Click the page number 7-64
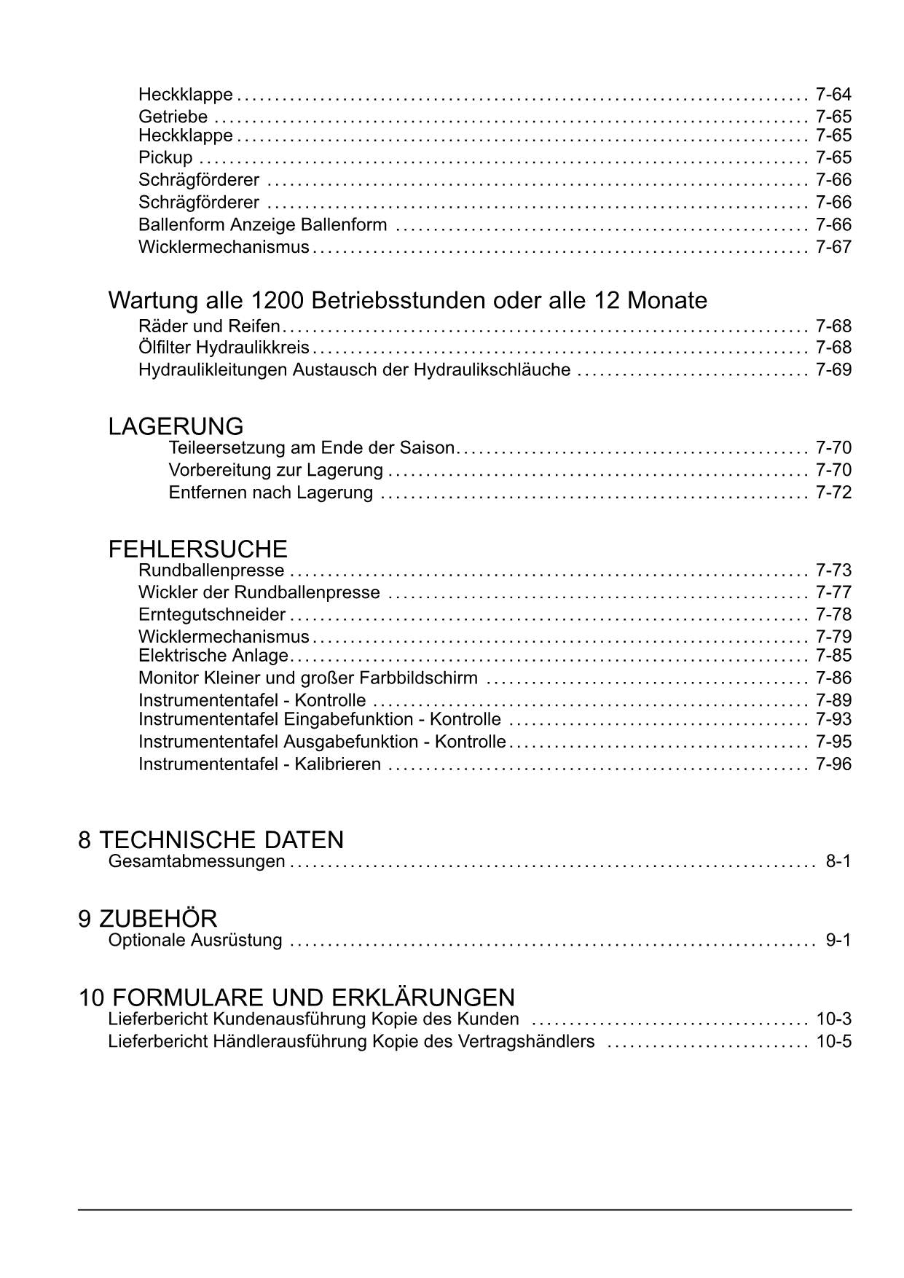coord(833,95)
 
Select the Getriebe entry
coord(173,117)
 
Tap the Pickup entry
coord(165,157)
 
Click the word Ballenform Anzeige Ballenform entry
coord(262,224)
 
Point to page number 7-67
coord(833,247)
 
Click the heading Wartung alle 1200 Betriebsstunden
coord(407,300)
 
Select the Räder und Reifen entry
coord(209,326)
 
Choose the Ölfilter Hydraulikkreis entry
coord(224,348)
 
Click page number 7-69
coord(833,369)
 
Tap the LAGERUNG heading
coord(176,426)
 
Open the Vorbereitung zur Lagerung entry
coord(275,470)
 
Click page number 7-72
coord(833,493)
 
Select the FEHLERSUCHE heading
coord(197,549)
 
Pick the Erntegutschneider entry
coord(211,614)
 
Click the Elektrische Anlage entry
coord(213,655)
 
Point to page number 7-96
coord(833,764)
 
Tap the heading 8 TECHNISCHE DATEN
coord(211,839)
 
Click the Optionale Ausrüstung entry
coord(194,940)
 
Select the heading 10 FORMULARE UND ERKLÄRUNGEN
coord(296,997)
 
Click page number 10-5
coord(833,1041)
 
